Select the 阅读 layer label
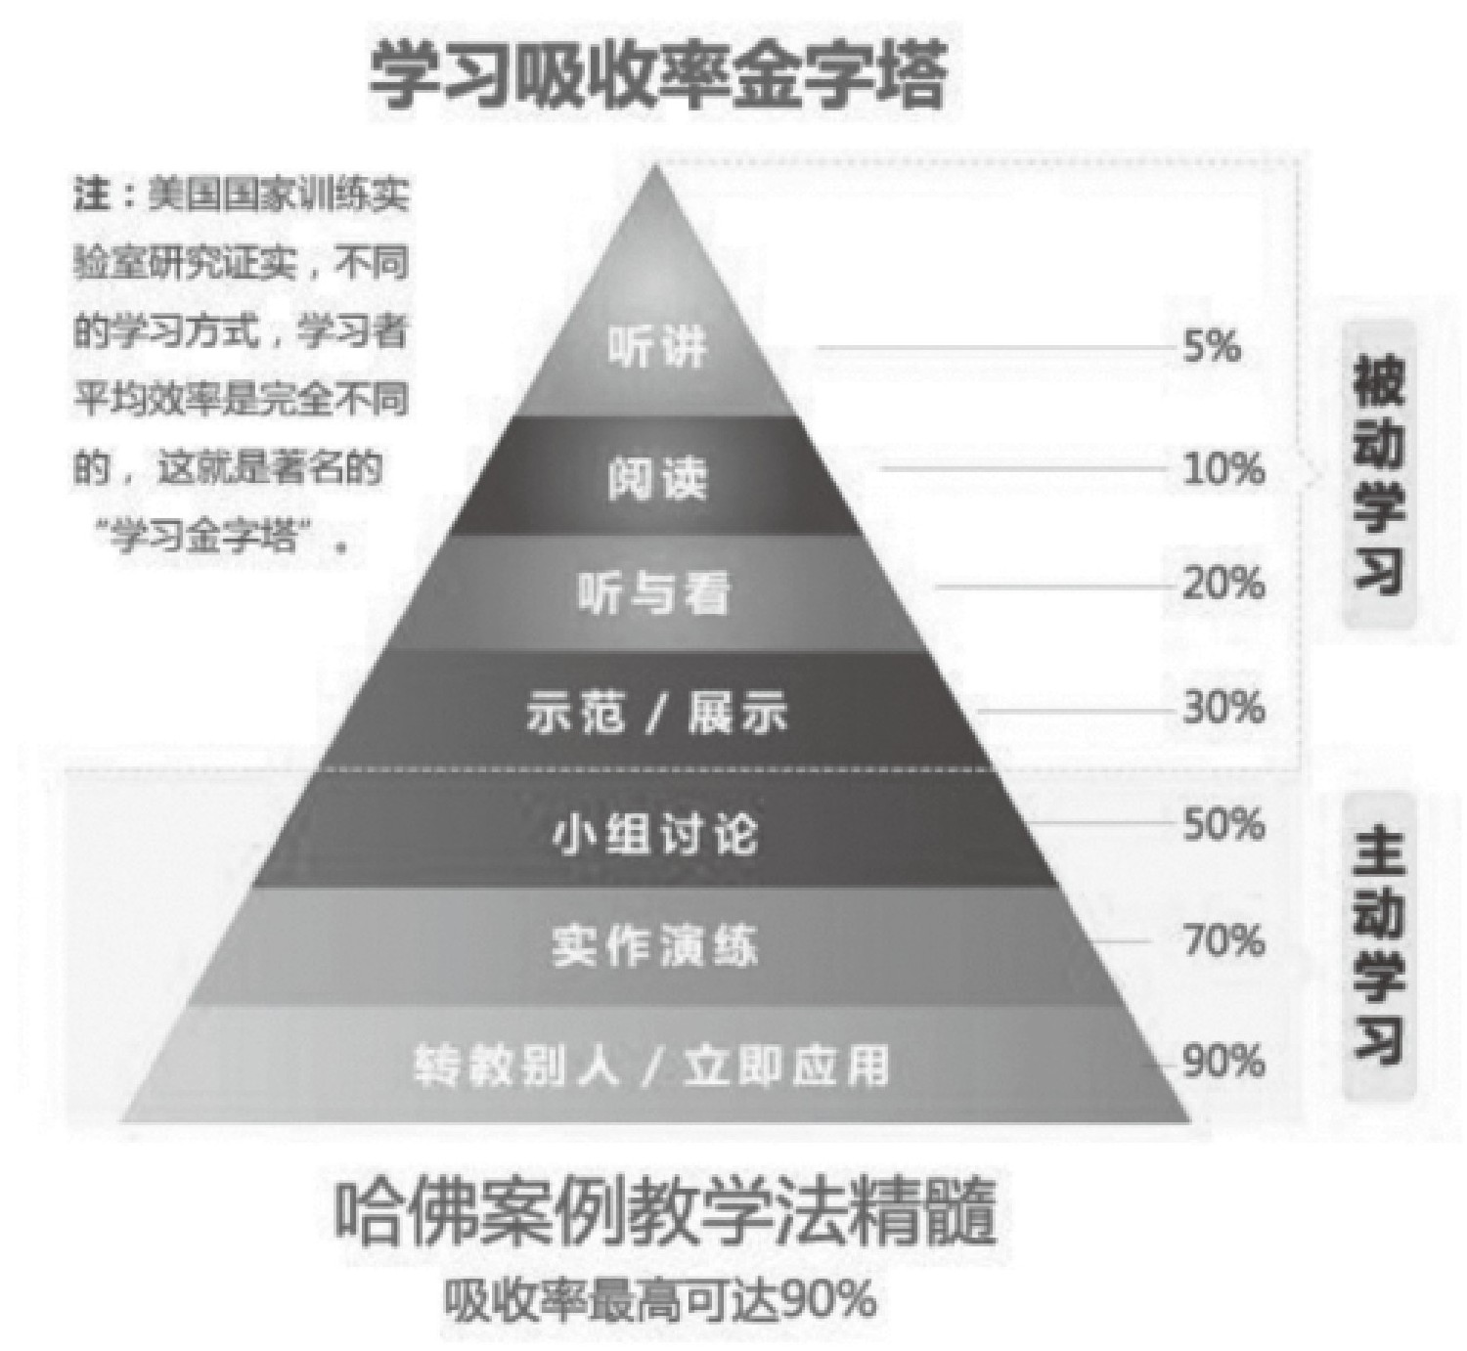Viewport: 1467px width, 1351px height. point(657,479)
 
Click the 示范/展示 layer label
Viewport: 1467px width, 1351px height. point(656,713)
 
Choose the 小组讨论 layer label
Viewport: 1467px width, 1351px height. point(655,834)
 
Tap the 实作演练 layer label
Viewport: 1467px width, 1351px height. point(655,946)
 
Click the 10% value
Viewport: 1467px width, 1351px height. point(1223,468)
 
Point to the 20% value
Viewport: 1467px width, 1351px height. point(1223,584)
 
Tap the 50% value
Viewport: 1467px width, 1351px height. point(1223,823)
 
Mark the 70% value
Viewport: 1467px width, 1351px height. point(1223,940)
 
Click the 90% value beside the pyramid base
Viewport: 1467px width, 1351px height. point(1223,1062)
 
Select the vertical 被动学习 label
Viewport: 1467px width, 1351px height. point(1379,475)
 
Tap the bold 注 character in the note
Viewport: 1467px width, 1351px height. point(92,196)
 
